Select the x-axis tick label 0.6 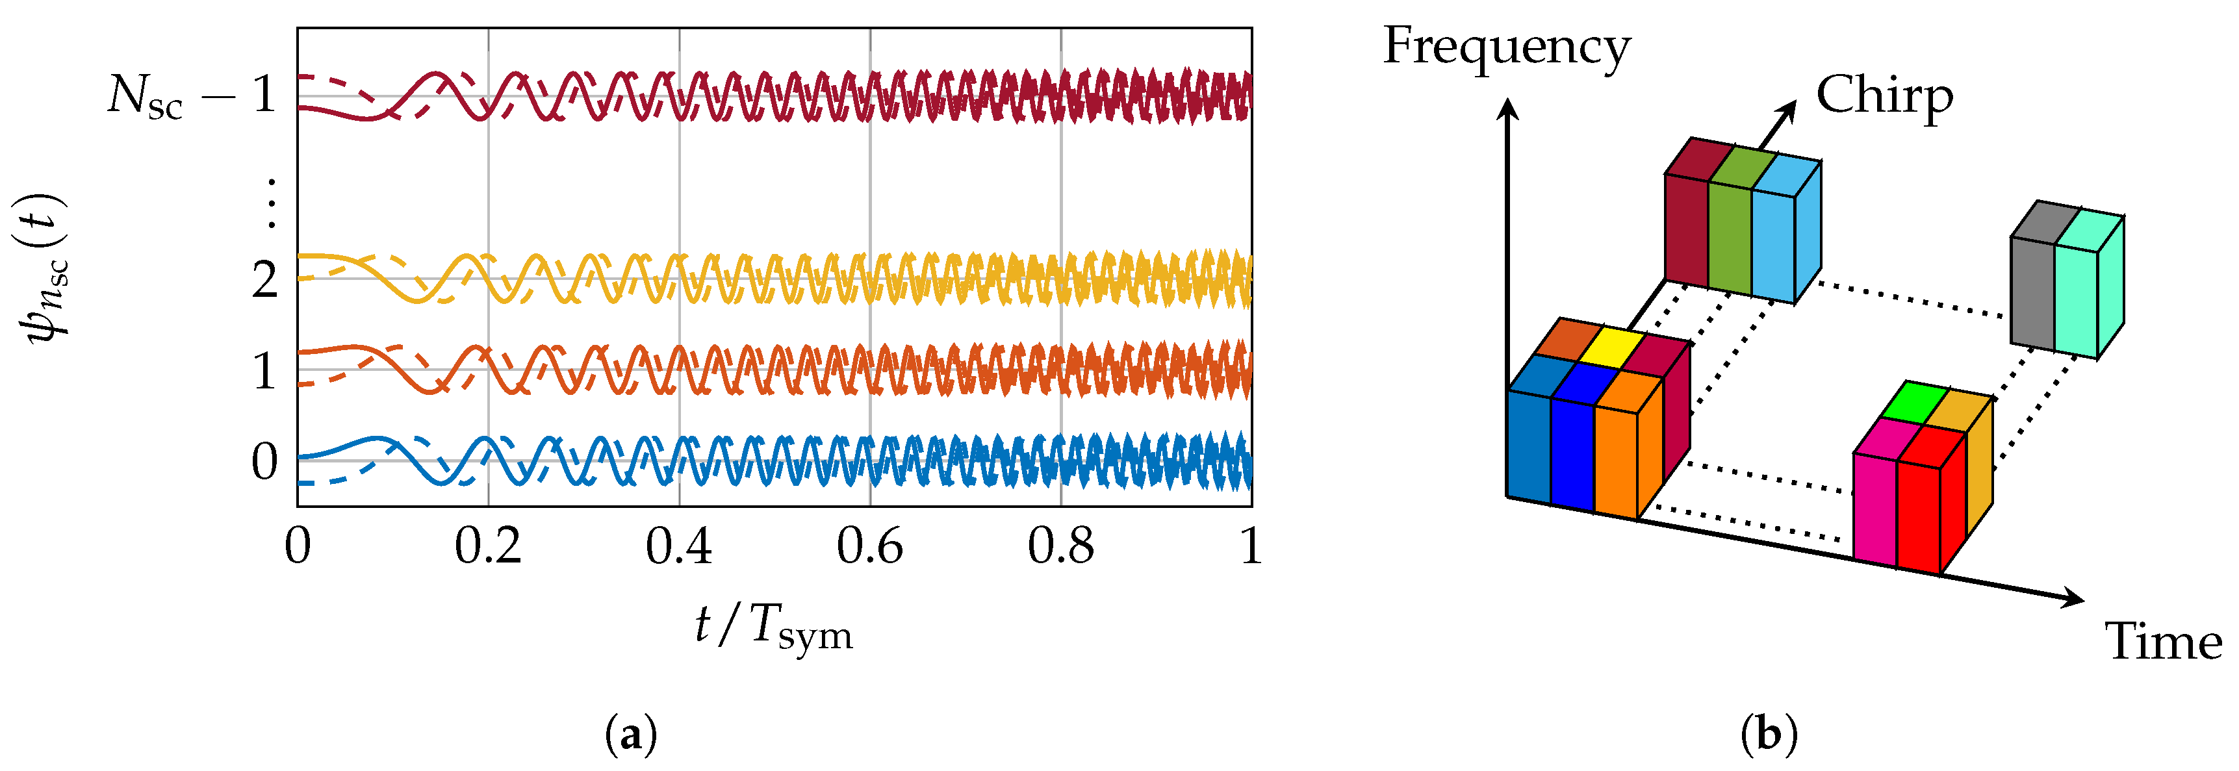tap(869, 547)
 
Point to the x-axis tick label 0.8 tap(1060, 547)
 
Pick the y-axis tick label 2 tap(264, 279)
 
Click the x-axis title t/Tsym tap(774, 627)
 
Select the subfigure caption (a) tap(630, 735)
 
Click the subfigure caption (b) tap(1769, 735)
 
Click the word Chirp tap(1884, 95)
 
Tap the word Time tap(2162, 642)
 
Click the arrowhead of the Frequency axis tap(1509, 108)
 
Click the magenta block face tap(1874, 508)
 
